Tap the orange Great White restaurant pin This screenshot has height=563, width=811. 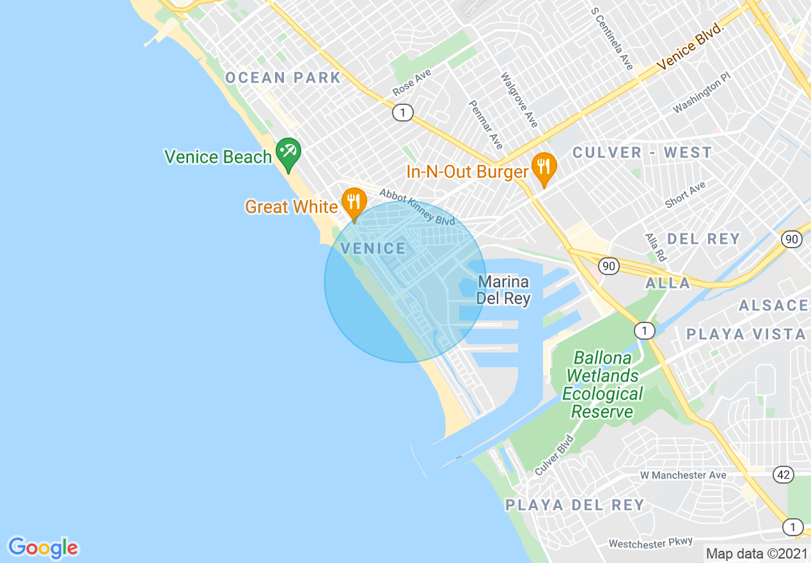click(353, 202)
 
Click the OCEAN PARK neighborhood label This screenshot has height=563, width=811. click(283, 78)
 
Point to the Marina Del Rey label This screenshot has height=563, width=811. click(503, 290)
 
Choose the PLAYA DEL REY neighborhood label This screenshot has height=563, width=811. click(574, 505)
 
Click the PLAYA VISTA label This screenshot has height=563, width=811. click(746, 334)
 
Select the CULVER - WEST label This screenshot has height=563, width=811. click(642, 152)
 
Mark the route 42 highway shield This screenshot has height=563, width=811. click(783, 474)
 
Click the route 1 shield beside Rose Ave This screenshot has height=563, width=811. click(402, 113)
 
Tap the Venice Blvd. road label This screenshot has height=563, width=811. click(690, 47)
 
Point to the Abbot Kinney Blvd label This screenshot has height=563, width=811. click(416, 207)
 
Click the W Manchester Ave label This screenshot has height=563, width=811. click(683, 475)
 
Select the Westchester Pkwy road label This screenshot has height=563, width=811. click(650, 543)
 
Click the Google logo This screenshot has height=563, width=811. click(43, 548)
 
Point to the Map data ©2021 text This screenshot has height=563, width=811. click(757, 553)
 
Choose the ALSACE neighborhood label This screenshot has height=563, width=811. click(774, 305)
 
